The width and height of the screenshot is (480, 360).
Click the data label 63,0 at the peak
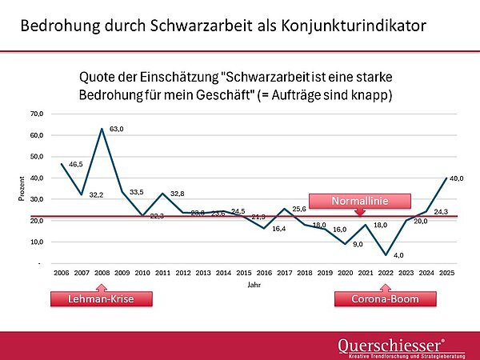117,128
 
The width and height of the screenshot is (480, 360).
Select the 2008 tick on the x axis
102,273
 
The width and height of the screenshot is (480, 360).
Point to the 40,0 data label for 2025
456,178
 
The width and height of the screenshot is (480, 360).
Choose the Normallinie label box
359,198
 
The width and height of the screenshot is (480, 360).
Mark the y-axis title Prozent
22,188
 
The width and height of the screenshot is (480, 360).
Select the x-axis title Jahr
253,284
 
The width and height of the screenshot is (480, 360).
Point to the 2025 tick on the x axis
447,273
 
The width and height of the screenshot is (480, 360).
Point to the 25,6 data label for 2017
299,209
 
